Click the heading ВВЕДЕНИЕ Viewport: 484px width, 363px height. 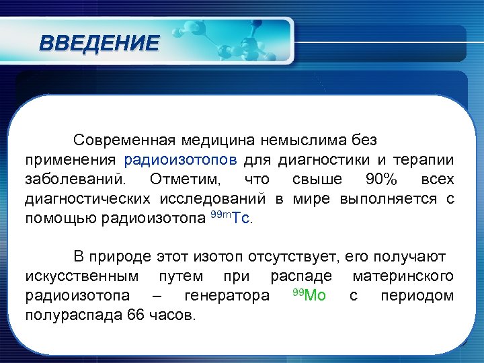click(x=99, y=44)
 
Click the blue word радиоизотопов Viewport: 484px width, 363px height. click(x=180, y=160)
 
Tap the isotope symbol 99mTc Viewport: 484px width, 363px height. click(x=231, y=218)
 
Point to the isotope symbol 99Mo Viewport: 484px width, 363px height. click(x=309, y=295)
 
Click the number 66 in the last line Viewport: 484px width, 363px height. click(x=134, y=315)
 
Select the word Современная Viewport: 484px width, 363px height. click(x=124, y=140)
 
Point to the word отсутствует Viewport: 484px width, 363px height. click(x=294, y=257)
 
